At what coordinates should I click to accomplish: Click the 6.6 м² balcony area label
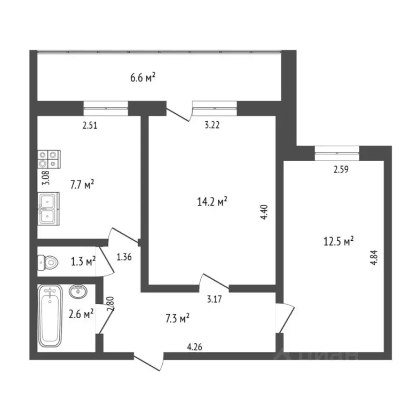[143, 78]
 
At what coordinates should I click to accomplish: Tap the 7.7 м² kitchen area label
[82, 185]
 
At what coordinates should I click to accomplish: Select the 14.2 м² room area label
[212, 201]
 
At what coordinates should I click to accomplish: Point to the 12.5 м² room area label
[339, 242]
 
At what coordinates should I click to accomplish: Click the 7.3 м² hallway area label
[176, 319]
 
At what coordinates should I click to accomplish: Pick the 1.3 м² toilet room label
[83, 261]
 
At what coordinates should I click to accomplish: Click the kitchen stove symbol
[49, 160]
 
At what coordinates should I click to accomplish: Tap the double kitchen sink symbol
[49, 208]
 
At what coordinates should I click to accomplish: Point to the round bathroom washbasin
[78, 291]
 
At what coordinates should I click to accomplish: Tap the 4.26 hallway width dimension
[194, 347]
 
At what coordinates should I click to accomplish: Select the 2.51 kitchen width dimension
[89, 127]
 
